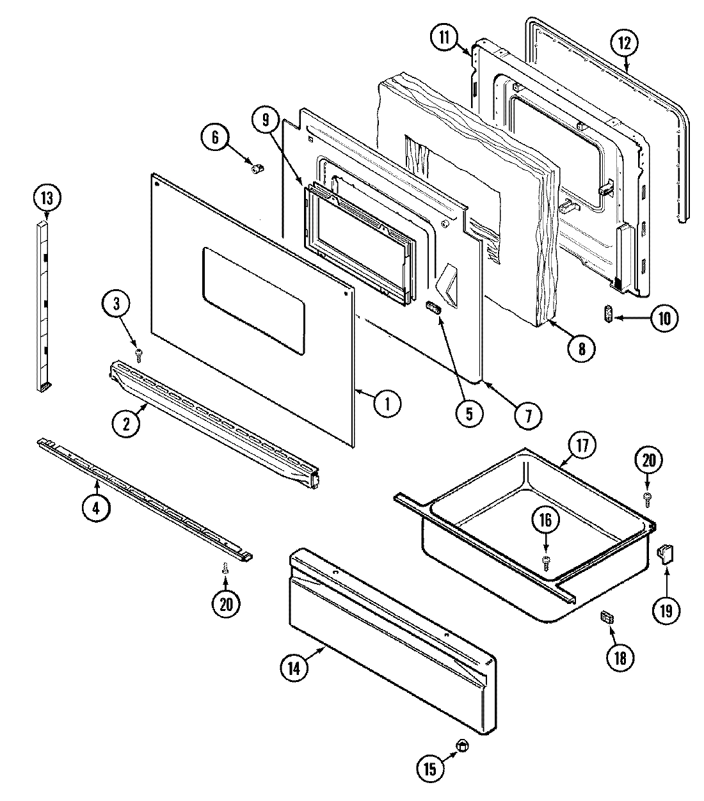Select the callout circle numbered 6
coord(215,136)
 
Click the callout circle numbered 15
coord(430,768)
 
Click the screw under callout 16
coord(546,562)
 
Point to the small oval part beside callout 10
coord(609,315)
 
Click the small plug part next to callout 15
coord(463,745)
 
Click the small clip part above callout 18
coord(606,618)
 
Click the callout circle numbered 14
coord(294,666)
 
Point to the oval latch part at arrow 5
coord(434,310)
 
